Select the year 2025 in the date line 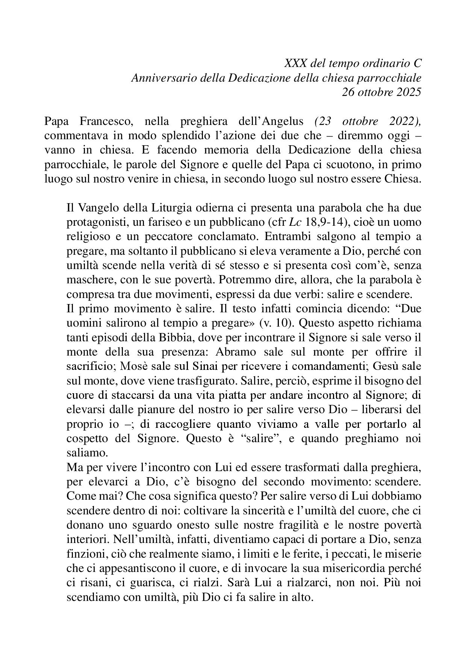pos(408,92)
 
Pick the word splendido pos(170,135)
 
